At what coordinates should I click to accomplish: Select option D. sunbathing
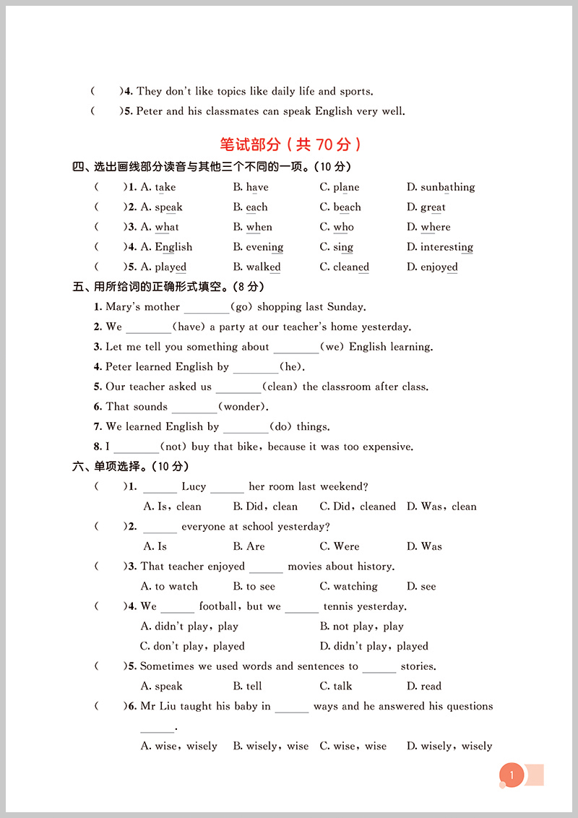click(441, 187)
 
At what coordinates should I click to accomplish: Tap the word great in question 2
click(433, 207)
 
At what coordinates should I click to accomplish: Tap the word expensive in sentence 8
click(388, 447)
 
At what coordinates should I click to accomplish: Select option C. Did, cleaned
click(358, 507)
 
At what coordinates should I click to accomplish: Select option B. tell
click(247, 686)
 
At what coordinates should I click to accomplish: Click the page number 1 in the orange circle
click(512, 776)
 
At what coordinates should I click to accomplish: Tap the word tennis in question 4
click(340, 606)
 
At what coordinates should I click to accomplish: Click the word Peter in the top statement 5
click(150, 111)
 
